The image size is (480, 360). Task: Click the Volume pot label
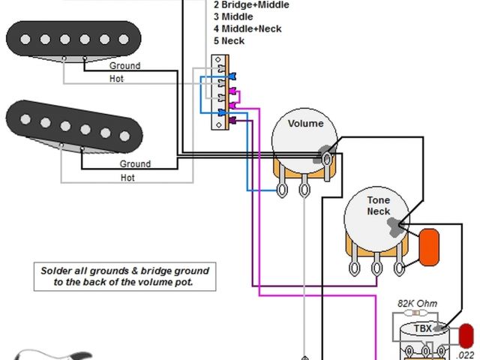pos(305,124)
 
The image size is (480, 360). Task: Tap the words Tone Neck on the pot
pos(379,206)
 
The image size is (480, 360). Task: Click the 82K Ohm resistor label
pos(416,303)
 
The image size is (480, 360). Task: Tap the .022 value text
pos(466,355)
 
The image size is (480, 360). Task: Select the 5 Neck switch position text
pos(229,40)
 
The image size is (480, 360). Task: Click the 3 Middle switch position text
pos(232,16)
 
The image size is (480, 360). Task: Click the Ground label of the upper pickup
pos(124,66)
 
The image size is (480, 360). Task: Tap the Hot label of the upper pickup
pos(116,79)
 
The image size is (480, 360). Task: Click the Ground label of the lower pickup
pos(135,163)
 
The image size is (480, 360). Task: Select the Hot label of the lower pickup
pos(127,178)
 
